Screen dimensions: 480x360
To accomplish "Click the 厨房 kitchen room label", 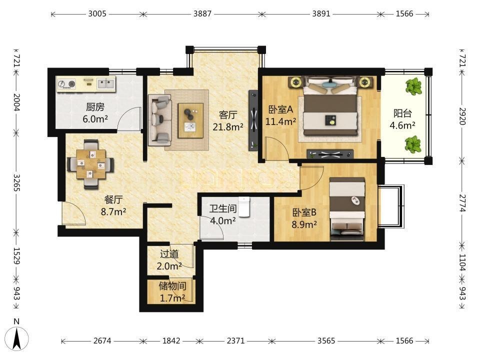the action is [95, 107].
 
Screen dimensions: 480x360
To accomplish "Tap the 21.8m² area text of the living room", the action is [228, 126].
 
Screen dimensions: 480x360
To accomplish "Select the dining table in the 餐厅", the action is [91, 164].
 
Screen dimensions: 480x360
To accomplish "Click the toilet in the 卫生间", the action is [244, 207].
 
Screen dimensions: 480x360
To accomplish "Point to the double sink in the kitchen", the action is [106, 83].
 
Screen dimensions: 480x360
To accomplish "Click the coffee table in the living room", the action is [190, 120].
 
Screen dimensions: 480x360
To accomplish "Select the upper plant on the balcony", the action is [414, 86].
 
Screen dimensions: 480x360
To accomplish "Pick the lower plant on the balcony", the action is [413, 145].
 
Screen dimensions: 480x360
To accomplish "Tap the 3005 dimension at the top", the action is [97, 14].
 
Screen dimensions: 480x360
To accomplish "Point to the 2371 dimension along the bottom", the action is [235, 340].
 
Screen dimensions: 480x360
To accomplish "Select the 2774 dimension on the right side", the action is [462, 203].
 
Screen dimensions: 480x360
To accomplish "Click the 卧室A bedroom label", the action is [280, 109].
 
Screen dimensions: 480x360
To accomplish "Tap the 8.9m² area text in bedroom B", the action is [304, 224].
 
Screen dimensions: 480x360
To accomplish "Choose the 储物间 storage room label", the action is [172, 286].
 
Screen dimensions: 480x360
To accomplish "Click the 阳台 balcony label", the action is [402, 113].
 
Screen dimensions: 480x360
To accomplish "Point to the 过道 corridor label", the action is [169, 254].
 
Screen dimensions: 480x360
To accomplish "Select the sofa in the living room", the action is [160, 120].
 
